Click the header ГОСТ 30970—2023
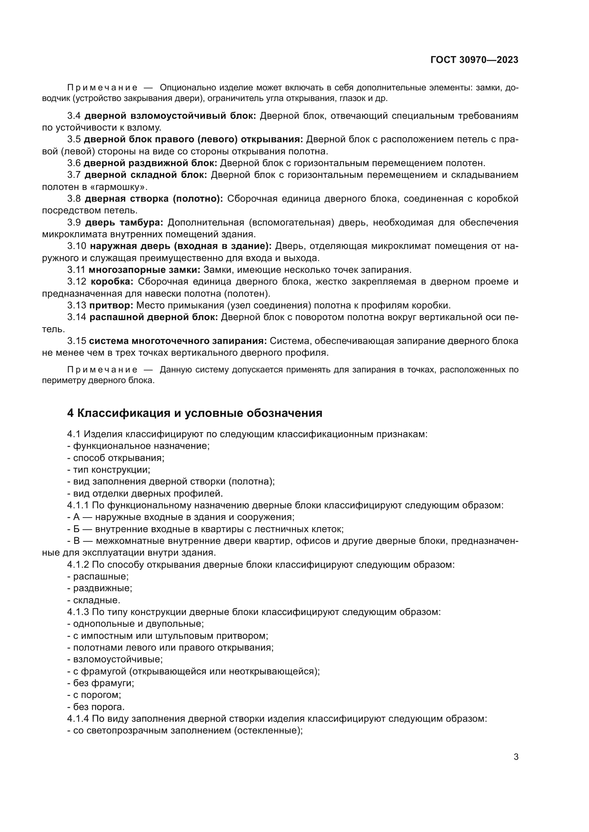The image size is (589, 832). tap(474, 60)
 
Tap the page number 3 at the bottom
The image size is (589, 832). tap(516, 757)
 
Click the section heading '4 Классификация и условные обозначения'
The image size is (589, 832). tap(195, 413)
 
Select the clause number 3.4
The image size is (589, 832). tap(74, 116)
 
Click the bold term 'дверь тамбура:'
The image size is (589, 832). tap(124, 222)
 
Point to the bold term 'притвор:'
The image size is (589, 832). tap(111, 306)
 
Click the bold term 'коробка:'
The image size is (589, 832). tap(112, 282)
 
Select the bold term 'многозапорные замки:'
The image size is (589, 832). tap(144, 270)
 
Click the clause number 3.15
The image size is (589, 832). tap(77, 341)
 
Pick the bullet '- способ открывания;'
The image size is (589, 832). tap(116, 458)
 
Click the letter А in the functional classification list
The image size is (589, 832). tap(76, 517)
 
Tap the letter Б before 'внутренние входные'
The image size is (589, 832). tap(76, 529)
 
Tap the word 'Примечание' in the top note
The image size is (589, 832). tap(102, 88)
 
